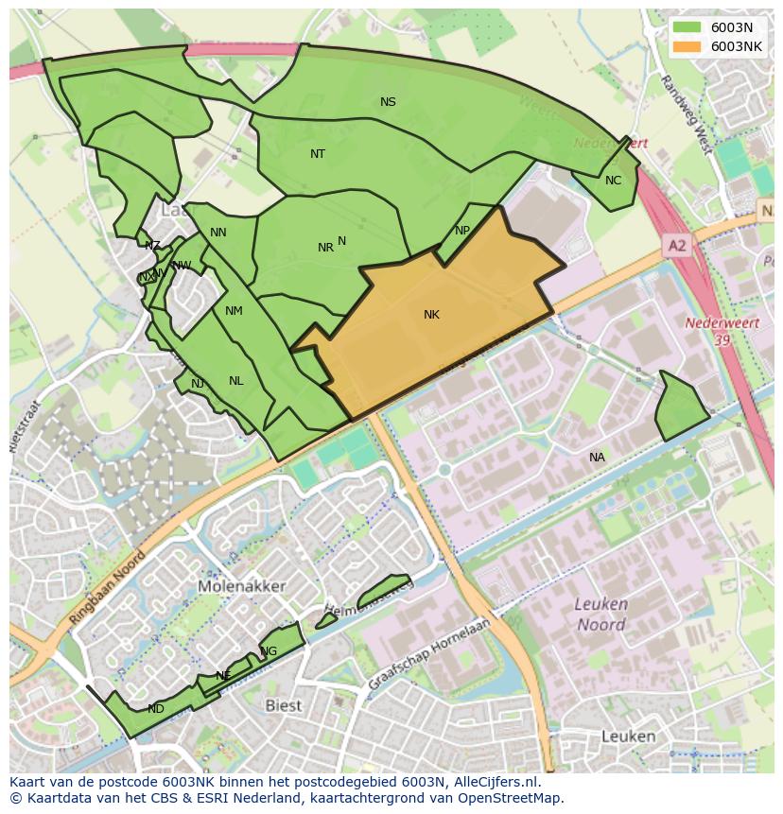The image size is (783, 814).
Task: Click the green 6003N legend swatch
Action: pos(687,27)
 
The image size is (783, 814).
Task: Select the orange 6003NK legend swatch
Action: pos(687,46)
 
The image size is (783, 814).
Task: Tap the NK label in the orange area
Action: pos(431,315)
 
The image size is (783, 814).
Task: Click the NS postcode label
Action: pos(388,102)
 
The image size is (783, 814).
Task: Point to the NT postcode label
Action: pos(318,153)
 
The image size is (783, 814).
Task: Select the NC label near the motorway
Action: pos(613,181)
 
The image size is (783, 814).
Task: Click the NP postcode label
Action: pos(461,231)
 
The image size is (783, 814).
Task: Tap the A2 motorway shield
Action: pos(677,246)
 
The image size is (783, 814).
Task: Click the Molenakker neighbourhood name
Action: pos(242,586)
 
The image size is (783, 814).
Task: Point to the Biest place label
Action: pos(283,705)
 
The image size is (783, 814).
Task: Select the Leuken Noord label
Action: pos(600,614)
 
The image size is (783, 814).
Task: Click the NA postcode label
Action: pos(597,458)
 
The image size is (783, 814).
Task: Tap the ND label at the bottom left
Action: pos(156,709)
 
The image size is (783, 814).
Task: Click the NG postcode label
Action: pos(269,651)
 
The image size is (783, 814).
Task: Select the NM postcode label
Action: pos(234,311)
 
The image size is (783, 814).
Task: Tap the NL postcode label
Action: pos(235,381)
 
